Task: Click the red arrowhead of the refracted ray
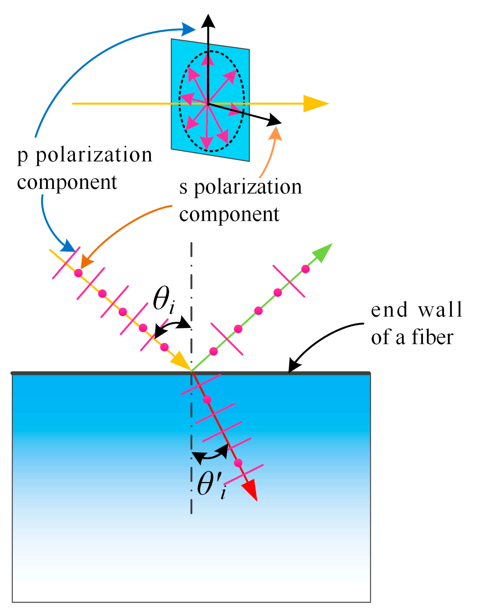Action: (x=250, y=489)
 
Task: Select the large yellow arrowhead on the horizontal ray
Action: (x=315, y=104)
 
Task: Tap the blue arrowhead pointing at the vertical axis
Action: (x=188, y=29)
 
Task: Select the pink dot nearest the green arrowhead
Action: (x=305, y=269)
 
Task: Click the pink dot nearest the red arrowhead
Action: (x=238, y=463)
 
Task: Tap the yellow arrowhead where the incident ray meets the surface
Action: (x=182, y=361)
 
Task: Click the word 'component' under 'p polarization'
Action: (x=67, y=182)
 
